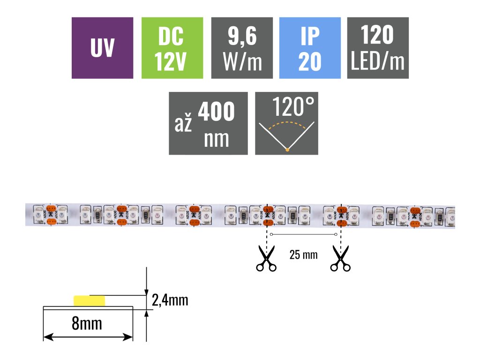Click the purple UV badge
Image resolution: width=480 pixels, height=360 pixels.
click(x=102, y=48)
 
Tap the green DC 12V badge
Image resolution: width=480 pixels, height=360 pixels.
click(x=172, y=48)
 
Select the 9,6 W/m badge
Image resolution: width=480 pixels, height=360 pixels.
click(x=242, y=48)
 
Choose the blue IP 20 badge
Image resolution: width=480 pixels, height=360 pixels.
click(x=310, y=48)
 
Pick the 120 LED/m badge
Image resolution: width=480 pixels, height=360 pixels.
click(x=377, y=48)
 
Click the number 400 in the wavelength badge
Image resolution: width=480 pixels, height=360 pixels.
click(x=216, y=112)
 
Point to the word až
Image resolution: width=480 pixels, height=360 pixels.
click(x=183, y=125)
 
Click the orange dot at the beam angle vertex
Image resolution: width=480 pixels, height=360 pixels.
click(x=287, y=150)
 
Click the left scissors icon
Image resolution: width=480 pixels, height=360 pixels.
click(x=266, y=261)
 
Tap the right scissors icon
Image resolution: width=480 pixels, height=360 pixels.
click(x=340, y=261)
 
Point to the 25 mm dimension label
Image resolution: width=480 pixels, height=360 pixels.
click(x=303, y=255)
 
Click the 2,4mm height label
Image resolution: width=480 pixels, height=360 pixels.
click(x=170, y=300)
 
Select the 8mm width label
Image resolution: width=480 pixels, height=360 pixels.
click(x=87, y=323)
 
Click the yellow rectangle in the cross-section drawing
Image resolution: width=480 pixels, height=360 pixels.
click(x=89, y=300)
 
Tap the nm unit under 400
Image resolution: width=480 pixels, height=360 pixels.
click(x=217, y=139)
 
